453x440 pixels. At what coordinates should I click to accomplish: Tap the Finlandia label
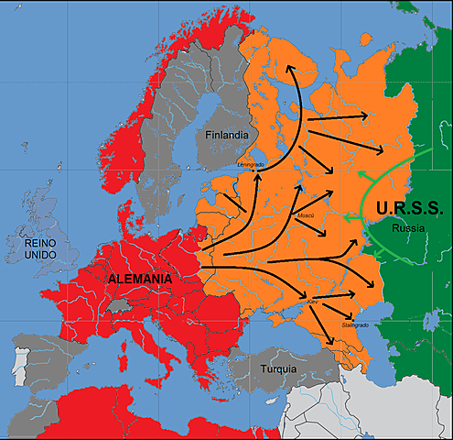[227, 135]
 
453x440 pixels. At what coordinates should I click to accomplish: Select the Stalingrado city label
[353, 325]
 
